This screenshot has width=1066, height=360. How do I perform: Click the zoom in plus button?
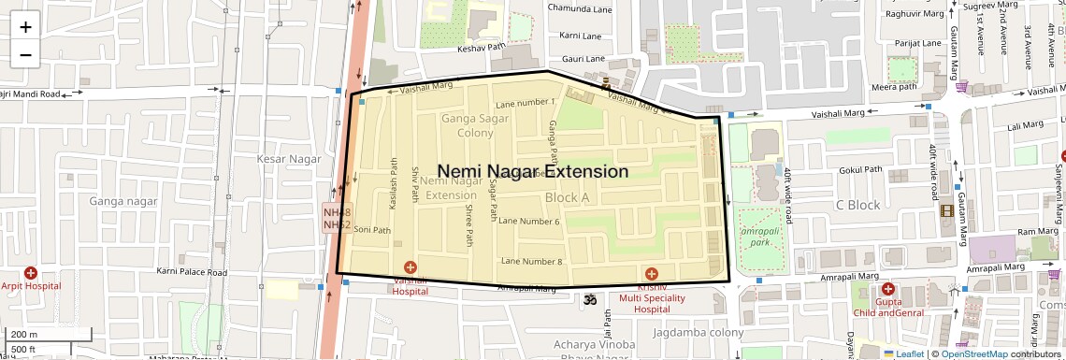(25, 26)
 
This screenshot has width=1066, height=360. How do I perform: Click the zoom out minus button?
(25, 54)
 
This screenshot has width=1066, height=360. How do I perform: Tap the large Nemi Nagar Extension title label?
(533, 172)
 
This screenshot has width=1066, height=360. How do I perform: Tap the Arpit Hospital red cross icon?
(31, 273)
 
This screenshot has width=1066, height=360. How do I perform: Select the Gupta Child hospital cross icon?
(887, 289)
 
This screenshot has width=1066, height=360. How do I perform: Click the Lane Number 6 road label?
(529, 222)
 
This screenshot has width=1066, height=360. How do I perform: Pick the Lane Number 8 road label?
(531, 261)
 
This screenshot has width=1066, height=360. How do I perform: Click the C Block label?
(857, 205)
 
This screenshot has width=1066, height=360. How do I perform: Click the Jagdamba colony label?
(699, 333)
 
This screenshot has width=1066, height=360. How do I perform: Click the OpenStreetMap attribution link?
(973, 353)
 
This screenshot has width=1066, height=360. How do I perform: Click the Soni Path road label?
(371, 230)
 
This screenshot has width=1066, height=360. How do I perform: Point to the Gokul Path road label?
(861, 170)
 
